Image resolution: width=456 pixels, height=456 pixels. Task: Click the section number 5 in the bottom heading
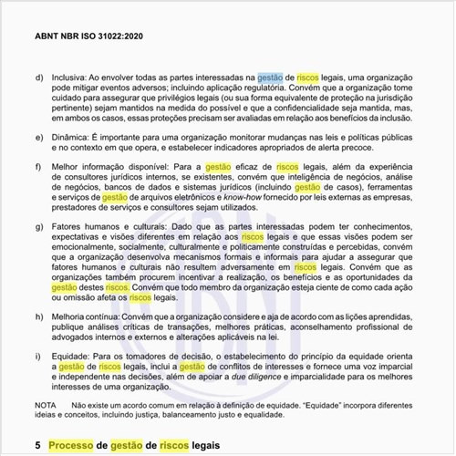click(37, 444)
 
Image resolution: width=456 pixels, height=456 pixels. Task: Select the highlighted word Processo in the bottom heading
click(75, 444)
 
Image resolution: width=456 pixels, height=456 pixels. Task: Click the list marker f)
click(39, 167)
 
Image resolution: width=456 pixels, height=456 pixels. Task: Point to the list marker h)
click(39, 316)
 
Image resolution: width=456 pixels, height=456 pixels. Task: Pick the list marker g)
click(39, 223)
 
